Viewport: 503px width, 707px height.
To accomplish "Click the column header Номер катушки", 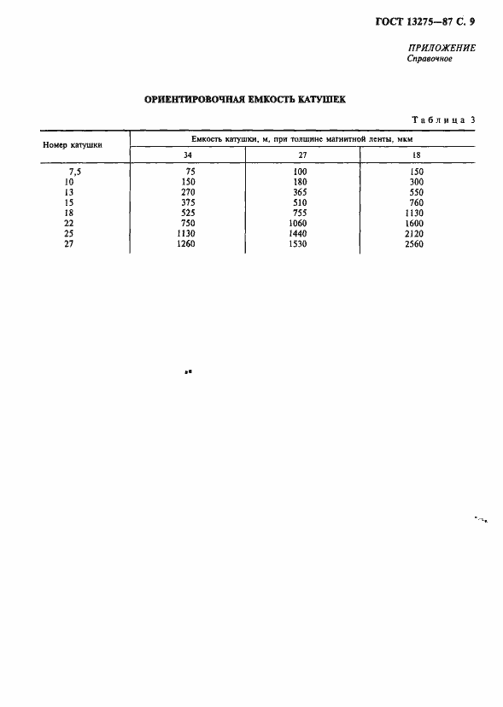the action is coord(73,145).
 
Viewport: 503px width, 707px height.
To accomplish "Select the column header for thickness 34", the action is coord(188,155).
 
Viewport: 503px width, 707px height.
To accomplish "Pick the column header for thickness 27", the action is coord(303,155).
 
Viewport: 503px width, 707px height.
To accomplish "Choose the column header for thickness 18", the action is coord(416,155).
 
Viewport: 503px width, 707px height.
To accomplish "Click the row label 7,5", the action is coord(73,172).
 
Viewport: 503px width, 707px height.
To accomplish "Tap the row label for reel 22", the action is coord(69,223).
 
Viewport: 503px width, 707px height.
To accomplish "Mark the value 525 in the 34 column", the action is coord(188,213).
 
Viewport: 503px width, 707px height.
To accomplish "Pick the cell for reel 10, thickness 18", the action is coord(416,182).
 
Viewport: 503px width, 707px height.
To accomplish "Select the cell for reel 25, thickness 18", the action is coord(416,233).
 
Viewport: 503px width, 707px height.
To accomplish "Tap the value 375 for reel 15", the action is coord(188,202).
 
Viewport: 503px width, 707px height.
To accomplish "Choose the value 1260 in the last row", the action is coord(188,244).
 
